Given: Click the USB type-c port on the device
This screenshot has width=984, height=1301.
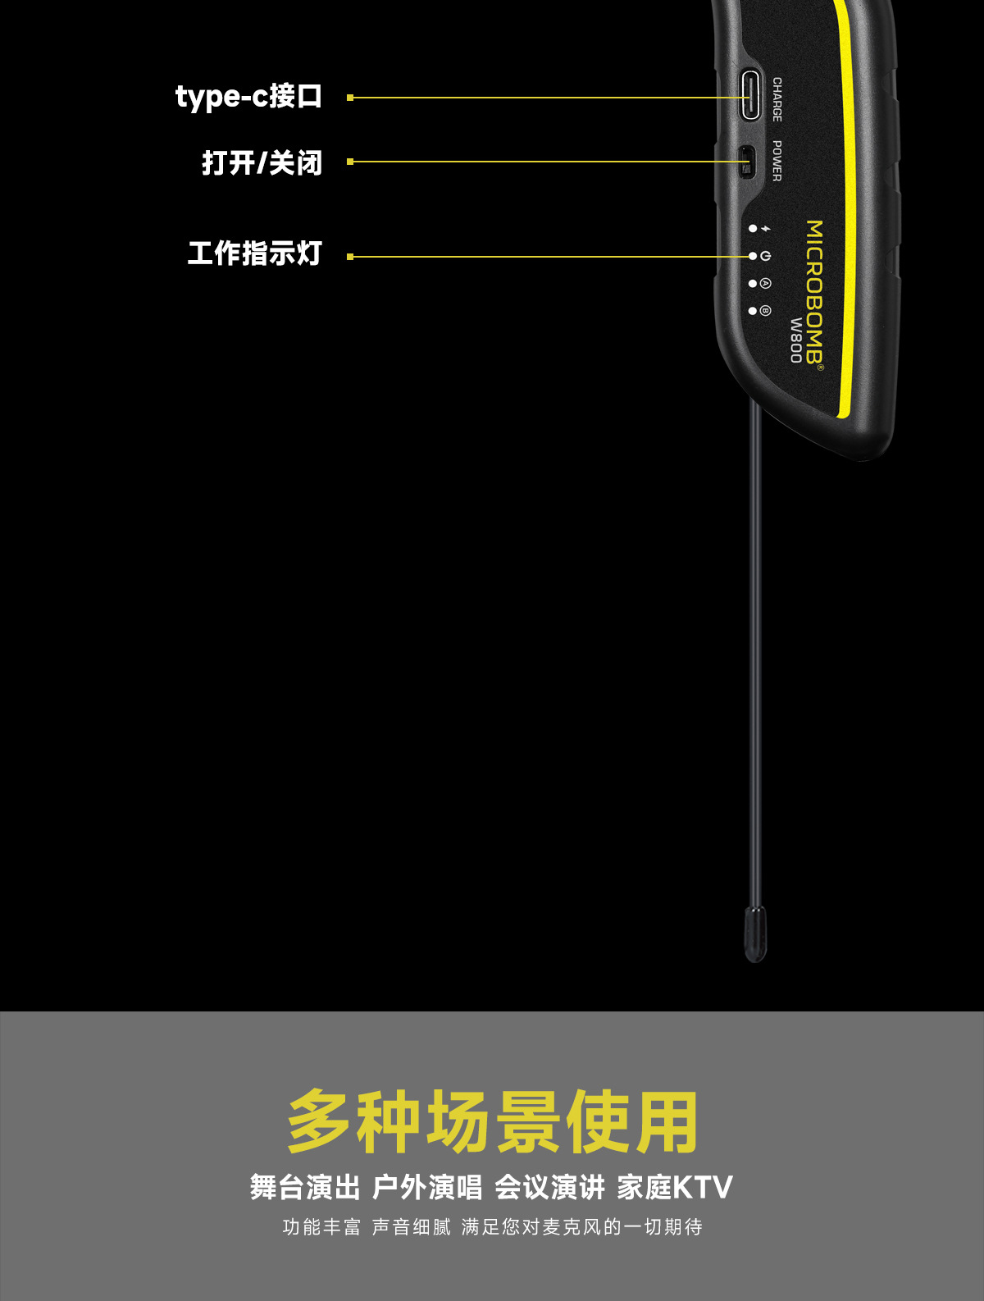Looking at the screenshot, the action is pos(750,95).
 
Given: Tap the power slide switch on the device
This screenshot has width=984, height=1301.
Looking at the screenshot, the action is pos(746,162).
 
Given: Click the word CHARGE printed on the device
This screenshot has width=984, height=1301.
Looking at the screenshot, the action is pos(777,99).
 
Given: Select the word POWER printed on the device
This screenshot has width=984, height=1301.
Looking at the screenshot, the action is pos(777,162).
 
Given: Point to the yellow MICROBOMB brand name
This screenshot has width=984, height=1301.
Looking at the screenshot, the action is pos(814,294).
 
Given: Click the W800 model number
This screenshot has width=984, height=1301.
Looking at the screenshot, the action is pos(795,340).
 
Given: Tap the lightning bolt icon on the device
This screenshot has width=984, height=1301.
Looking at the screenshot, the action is pos(766,228).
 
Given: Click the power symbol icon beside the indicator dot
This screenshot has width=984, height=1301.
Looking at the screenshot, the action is pos(765,256).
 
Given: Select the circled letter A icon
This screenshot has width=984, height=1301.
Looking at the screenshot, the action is pos(765,283).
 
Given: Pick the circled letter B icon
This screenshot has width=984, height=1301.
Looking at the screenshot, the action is pos(765,311).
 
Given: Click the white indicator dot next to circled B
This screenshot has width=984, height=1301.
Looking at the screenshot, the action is pos(753,311).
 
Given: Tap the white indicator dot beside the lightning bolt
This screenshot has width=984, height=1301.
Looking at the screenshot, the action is pos(753,228).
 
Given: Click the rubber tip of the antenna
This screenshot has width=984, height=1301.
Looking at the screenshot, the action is pos(755,934).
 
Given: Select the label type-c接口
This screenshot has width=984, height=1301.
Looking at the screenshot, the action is pos(248,97).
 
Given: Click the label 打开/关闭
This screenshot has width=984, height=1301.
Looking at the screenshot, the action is pos(262,162).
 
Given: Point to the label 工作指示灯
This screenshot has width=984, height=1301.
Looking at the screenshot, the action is pos(255,253).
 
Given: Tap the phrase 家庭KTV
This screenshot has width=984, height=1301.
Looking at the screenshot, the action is pos(675,1188).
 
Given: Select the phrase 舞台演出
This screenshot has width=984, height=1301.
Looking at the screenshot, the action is pos(305,1188).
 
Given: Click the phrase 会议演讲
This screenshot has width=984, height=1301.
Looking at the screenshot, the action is pos(549,1188).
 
